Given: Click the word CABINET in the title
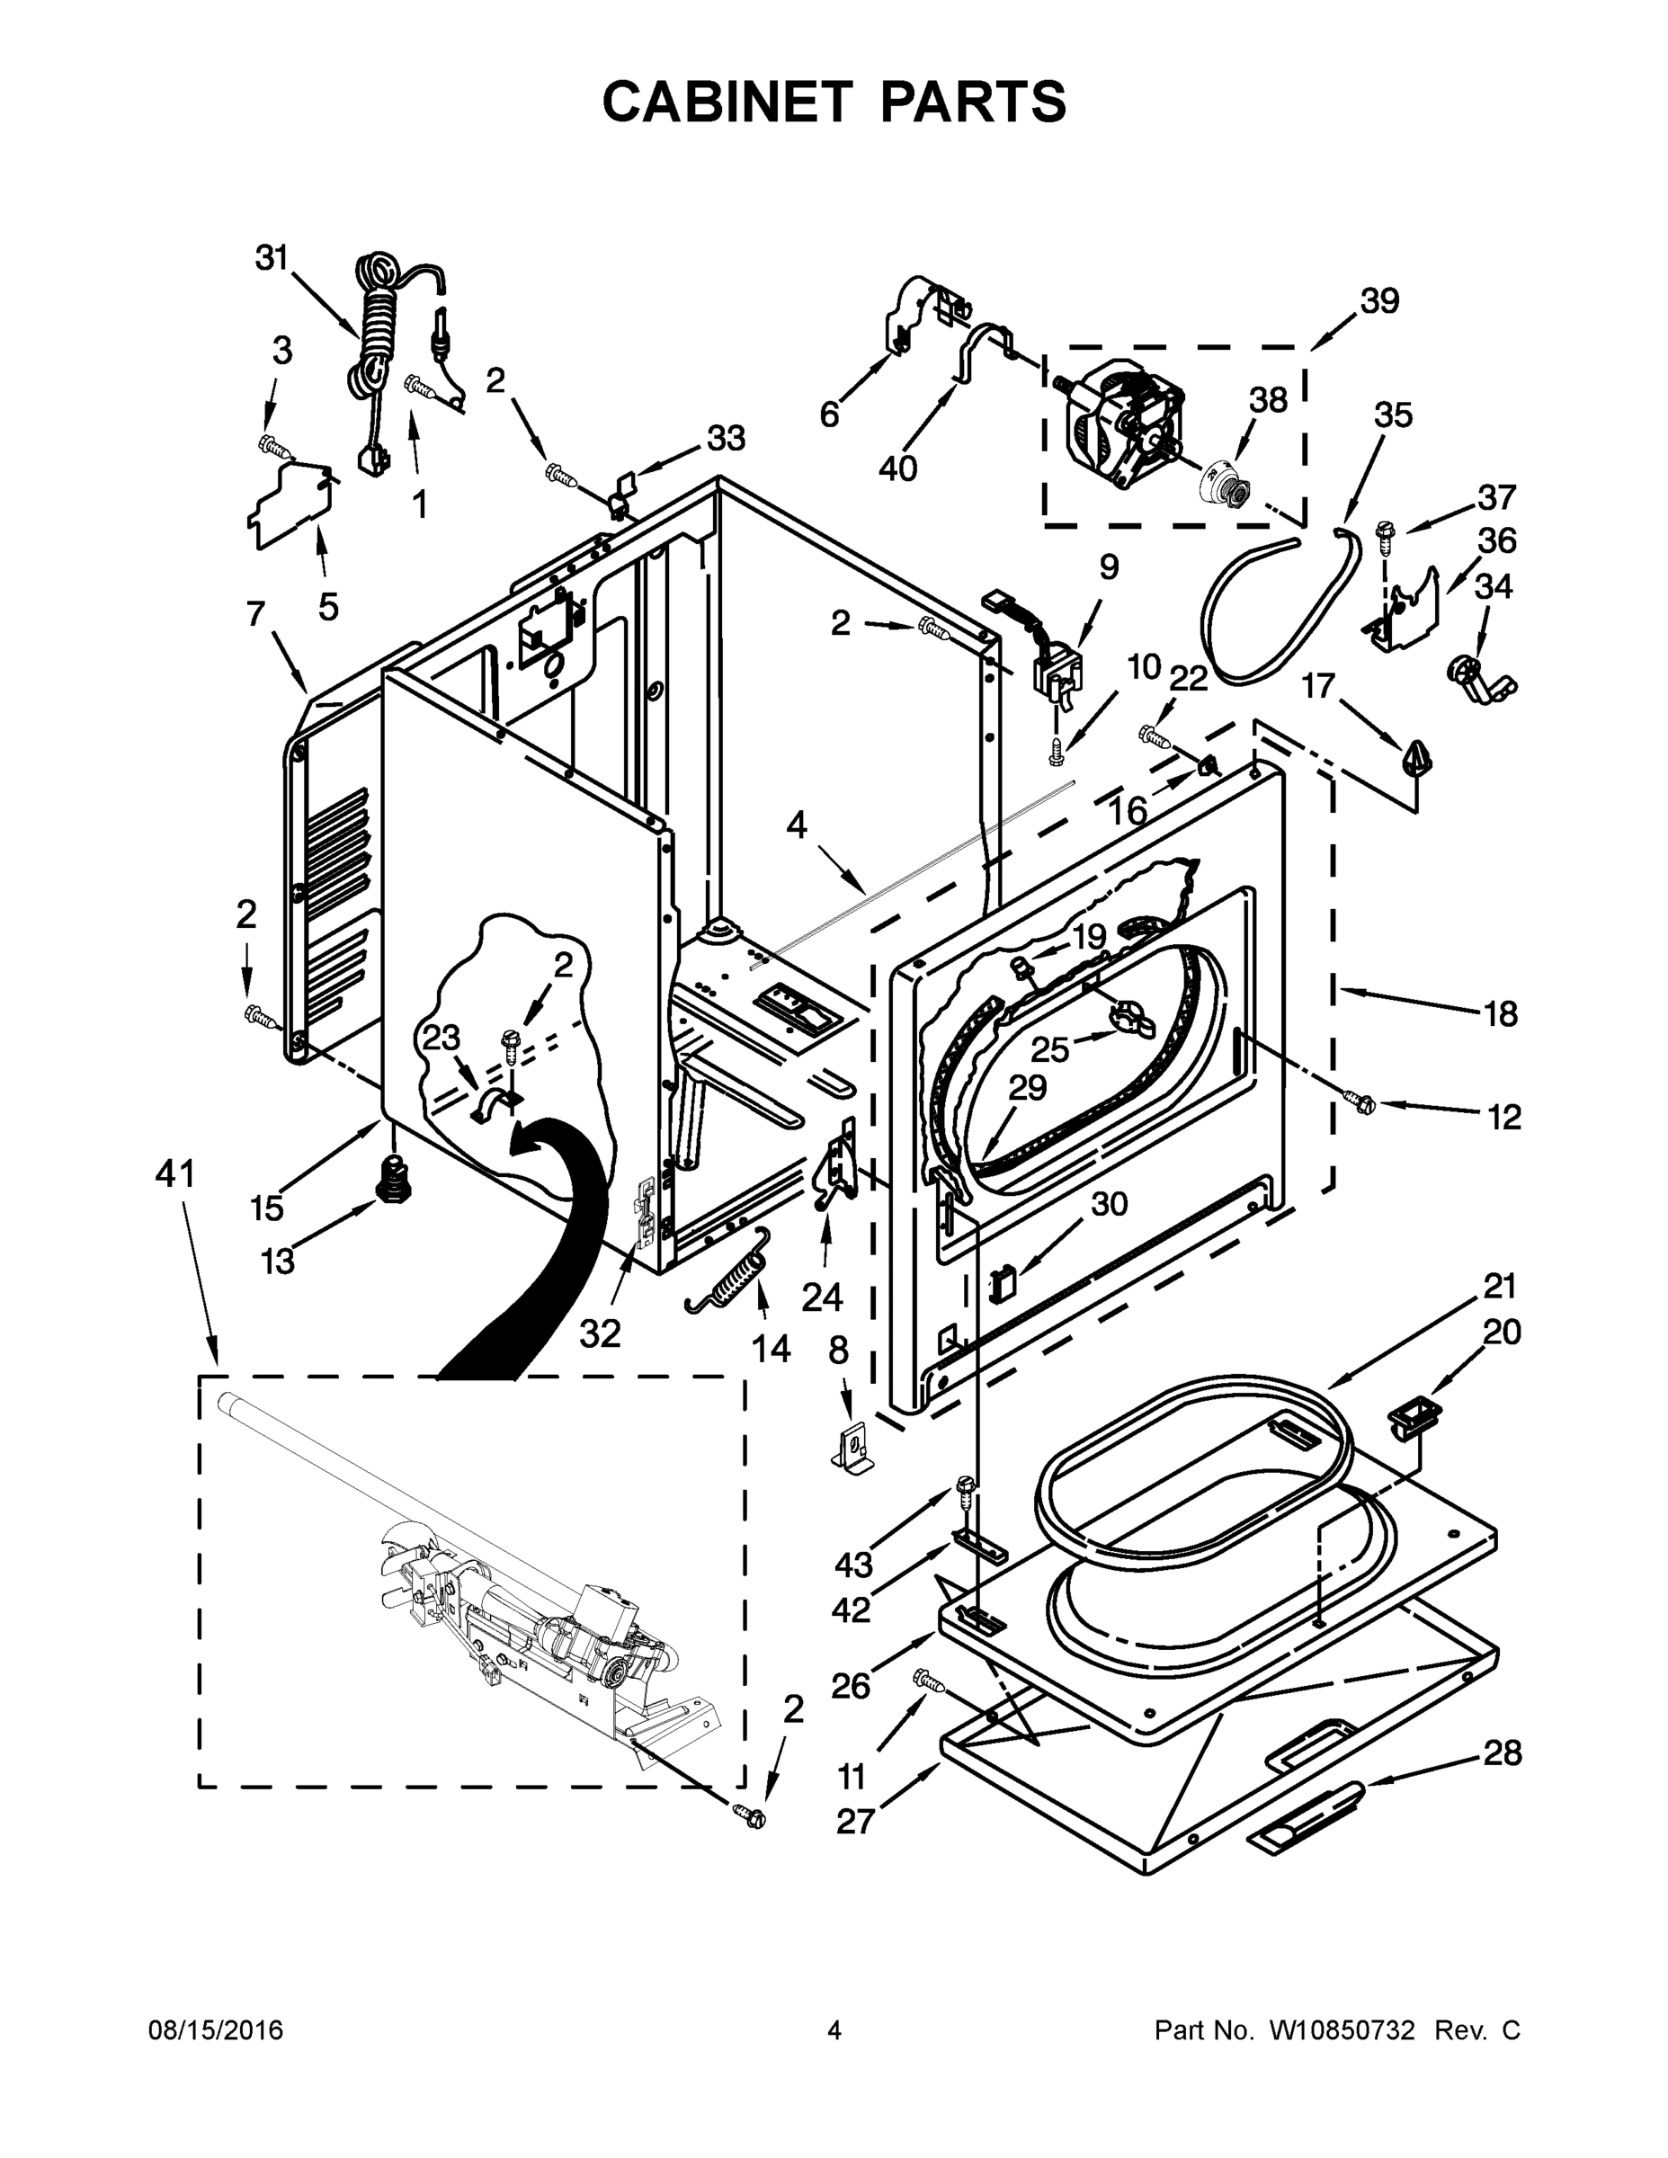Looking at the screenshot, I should pyautogui.click(x=727, y=102).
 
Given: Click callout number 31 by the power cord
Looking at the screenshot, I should pyautogui.click(x=271, y=259).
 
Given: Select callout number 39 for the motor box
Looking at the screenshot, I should pyautogui.click(x=1378, y=301).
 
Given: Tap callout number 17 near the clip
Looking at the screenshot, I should pyautogui.click(x=1318, y=685).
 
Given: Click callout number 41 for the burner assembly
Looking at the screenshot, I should pyautogui.click(x=176, y=1175).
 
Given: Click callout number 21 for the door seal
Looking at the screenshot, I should pyautogui.click(x=1499, y=1287).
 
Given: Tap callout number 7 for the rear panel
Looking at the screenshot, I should pyautogui.click(x=256, y=615).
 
